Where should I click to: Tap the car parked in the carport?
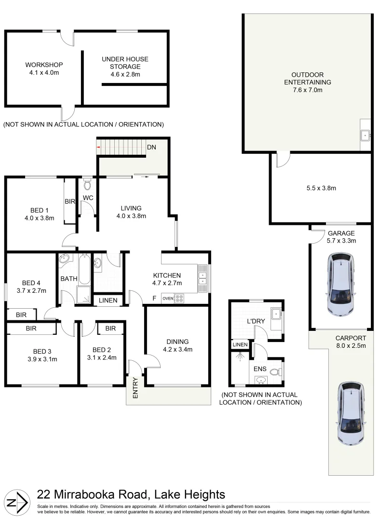(x=352, y=413)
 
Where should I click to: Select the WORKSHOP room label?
(x=44, y=65)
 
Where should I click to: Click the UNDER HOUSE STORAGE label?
(x=125, y=63)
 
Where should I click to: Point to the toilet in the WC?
(x=87, y=185)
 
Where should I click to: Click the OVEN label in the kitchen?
(x=168, y=299)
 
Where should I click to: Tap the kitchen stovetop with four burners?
(x=179, y=299)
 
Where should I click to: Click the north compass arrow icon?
(x=17, y=501)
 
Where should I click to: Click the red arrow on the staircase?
(x=99, y=147)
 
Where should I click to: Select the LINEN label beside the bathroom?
(x=108, y=301)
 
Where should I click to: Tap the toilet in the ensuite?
(x=276, y=372)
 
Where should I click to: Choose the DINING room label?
(x=178, y=342)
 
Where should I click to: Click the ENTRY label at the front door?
(x=135, y=388)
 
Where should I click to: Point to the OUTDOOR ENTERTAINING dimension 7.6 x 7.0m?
(x=307, y=90)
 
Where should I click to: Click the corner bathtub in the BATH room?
(x=65, y=260)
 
